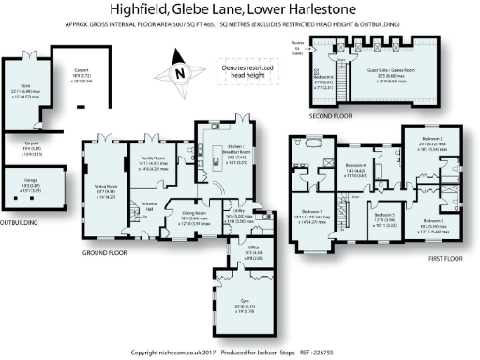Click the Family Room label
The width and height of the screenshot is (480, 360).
(x=154, y=158)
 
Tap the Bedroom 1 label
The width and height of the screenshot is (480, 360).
(x=311, y=214)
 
